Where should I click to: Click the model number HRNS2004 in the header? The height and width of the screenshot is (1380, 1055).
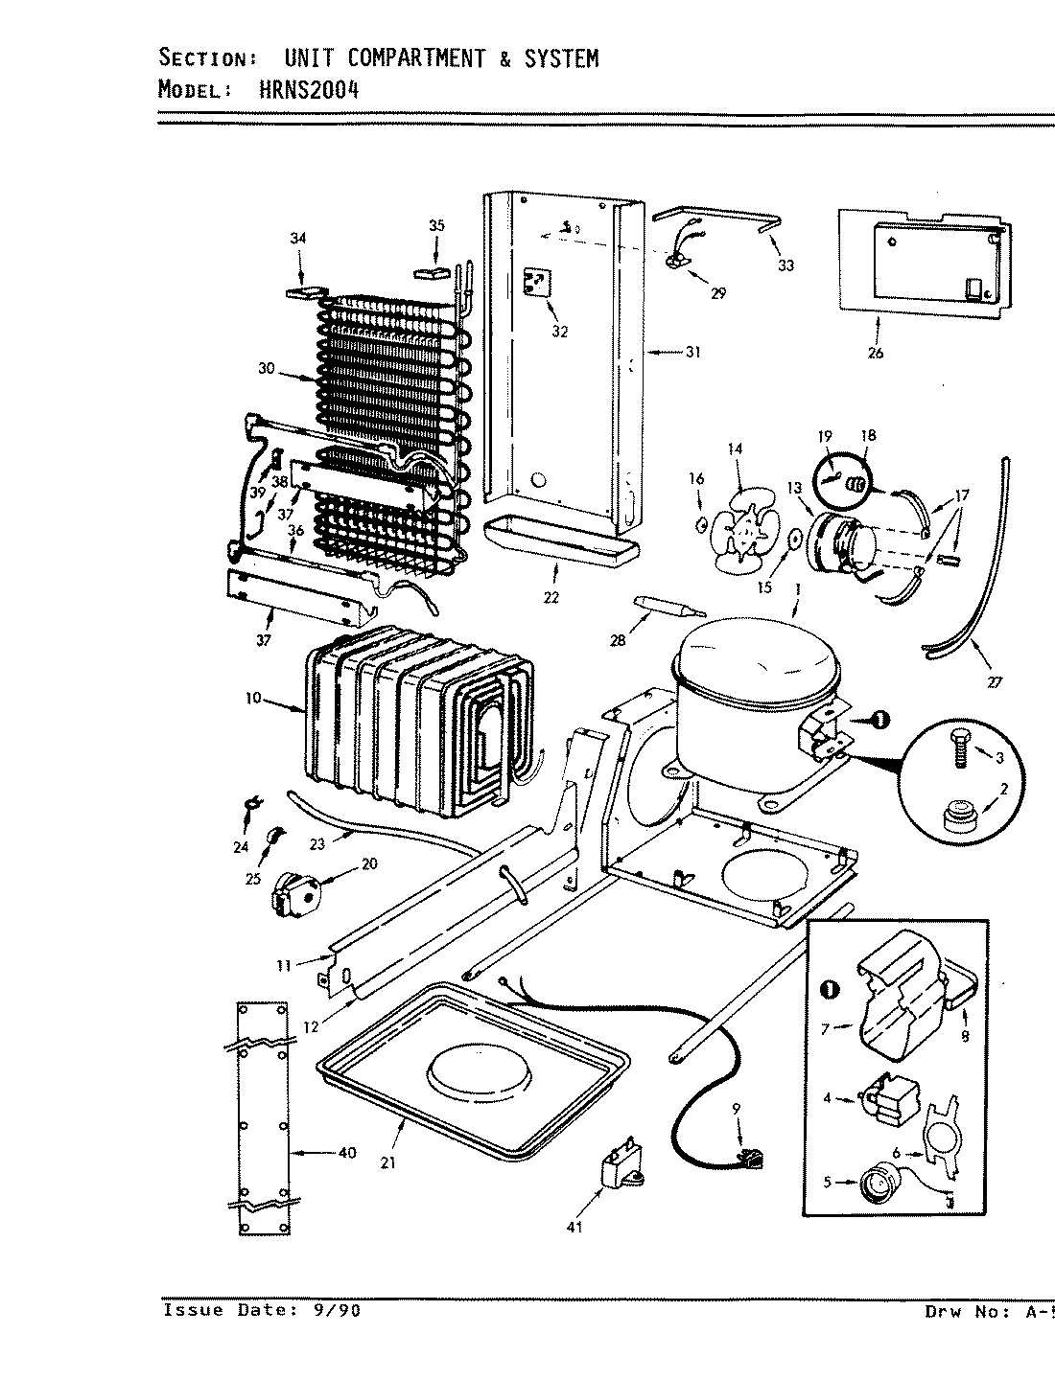[309, 90]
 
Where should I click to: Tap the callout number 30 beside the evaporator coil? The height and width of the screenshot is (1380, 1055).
[266, 369]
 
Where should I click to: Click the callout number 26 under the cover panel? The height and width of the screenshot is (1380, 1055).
[875, 353]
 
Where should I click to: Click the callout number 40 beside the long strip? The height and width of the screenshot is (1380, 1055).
[347, 1152]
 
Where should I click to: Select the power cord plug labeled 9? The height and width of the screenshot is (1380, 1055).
[752, 1162]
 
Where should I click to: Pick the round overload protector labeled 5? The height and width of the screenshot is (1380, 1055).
[873, 1184]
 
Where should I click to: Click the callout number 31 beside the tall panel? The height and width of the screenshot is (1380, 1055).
[692, 352]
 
